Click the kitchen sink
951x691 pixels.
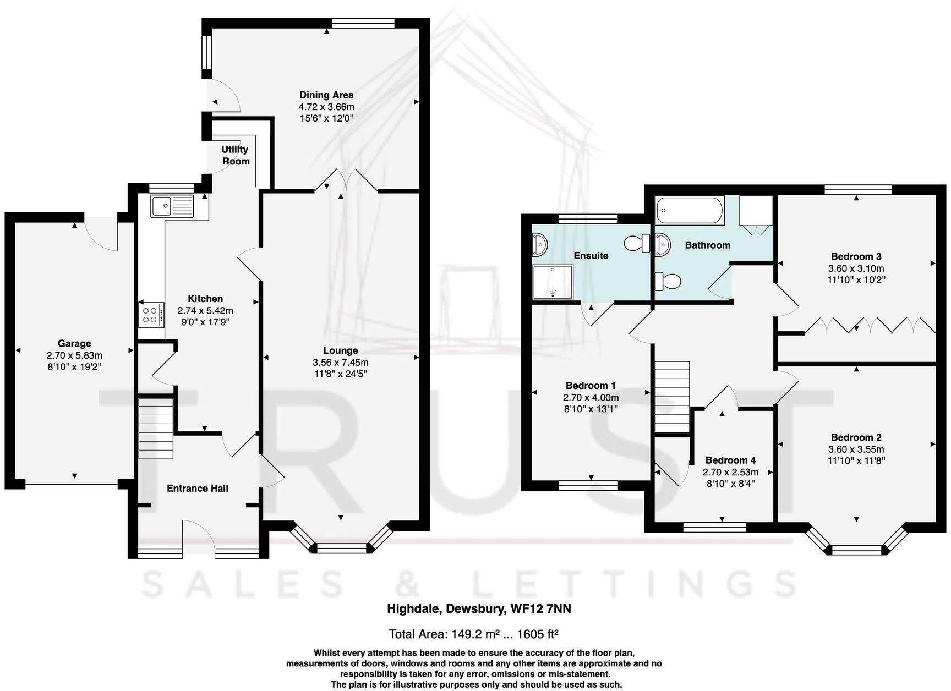click(x=172, y=206)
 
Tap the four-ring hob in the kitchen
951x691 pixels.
click(x=151, y=315)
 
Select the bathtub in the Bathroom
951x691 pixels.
click(x=689, y=211)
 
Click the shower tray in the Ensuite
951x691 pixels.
click(x=553, y=282)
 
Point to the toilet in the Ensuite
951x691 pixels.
click(x=637, y=243)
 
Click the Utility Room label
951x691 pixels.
click(x=235, y=155)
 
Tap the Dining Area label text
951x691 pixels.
click(x=326, y=95)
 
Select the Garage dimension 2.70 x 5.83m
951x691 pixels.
click(x=74, y=355)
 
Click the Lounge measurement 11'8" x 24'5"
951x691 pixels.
click(x=340, y=374)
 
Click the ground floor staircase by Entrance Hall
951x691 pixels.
click(x=156, y=429)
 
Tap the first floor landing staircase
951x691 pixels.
click(x=672, y=397)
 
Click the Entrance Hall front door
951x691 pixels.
click(x=198, y=536)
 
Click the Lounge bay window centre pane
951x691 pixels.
click(x=341, y=548)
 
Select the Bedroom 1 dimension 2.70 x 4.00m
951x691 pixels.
click(x=591, y=397)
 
